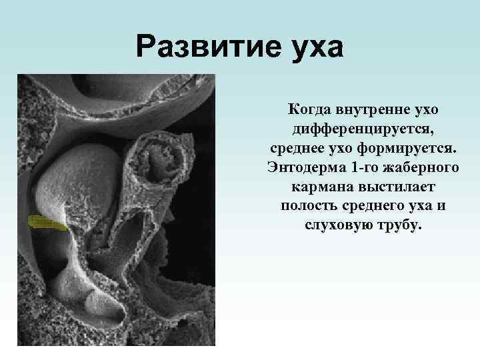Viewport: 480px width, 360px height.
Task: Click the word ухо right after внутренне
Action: coord(425,107)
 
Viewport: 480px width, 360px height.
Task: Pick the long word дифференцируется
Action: coord(363,127)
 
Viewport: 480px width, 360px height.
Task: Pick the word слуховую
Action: coord(337,225)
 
